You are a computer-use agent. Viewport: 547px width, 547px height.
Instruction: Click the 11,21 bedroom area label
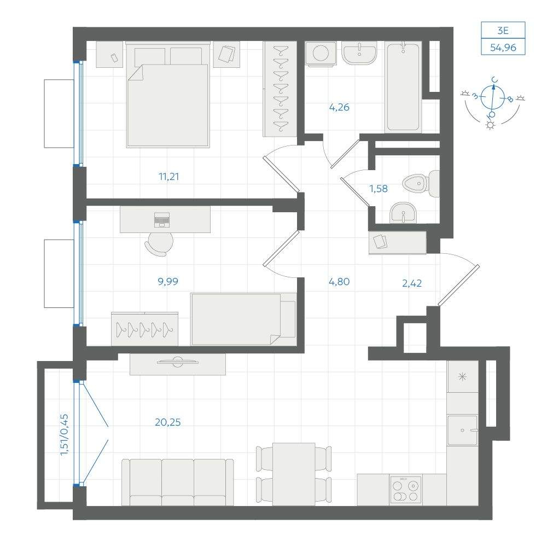pos(169,177)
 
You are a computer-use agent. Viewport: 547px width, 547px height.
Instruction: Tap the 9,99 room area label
pos(168,281)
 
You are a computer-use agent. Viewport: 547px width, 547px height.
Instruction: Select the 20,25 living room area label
pos(168,422)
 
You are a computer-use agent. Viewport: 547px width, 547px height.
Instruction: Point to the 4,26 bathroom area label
pos(339,107)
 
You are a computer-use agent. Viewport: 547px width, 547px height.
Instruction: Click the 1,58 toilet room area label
pos(379,189)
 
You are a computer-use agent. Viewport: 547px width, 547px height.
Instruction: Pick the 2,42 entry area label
pos(412,283)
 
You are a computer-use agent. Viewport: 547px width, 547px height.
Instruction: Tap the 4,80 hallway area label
pos(339,282)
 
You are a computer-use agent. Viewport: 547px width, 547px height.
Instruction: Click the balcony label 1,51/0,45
pos(64,435)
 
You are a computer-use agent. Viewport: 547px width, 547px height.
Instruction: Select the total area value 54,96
pos(503,48)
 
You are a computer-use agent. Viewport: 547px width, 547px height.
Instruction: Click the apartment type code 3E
pos(503,31)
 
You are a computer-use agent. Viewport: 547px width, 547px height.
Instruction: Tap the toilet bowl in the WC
pos(421,183)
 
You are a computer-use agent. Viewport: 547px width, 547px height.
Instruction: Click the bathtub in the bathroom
pos(403,87)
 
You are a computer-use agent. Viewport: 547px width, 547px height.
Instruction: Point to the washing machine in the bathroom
pos(321,54)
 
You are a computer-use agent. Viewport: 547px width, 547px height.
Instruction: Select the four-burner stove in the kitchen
pos(405,490)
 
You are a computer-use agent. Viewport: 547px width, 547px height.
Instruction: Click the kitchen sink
pos(463,430)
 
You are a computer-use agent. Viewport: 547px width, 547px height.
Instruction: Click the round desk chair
pos(159,243)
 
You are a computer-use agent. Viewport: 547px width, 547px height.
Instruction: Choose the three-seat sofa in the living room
pos(178,482)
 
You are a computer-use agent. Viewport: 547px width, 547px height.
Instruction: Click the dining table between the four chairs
pos(294,474)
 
